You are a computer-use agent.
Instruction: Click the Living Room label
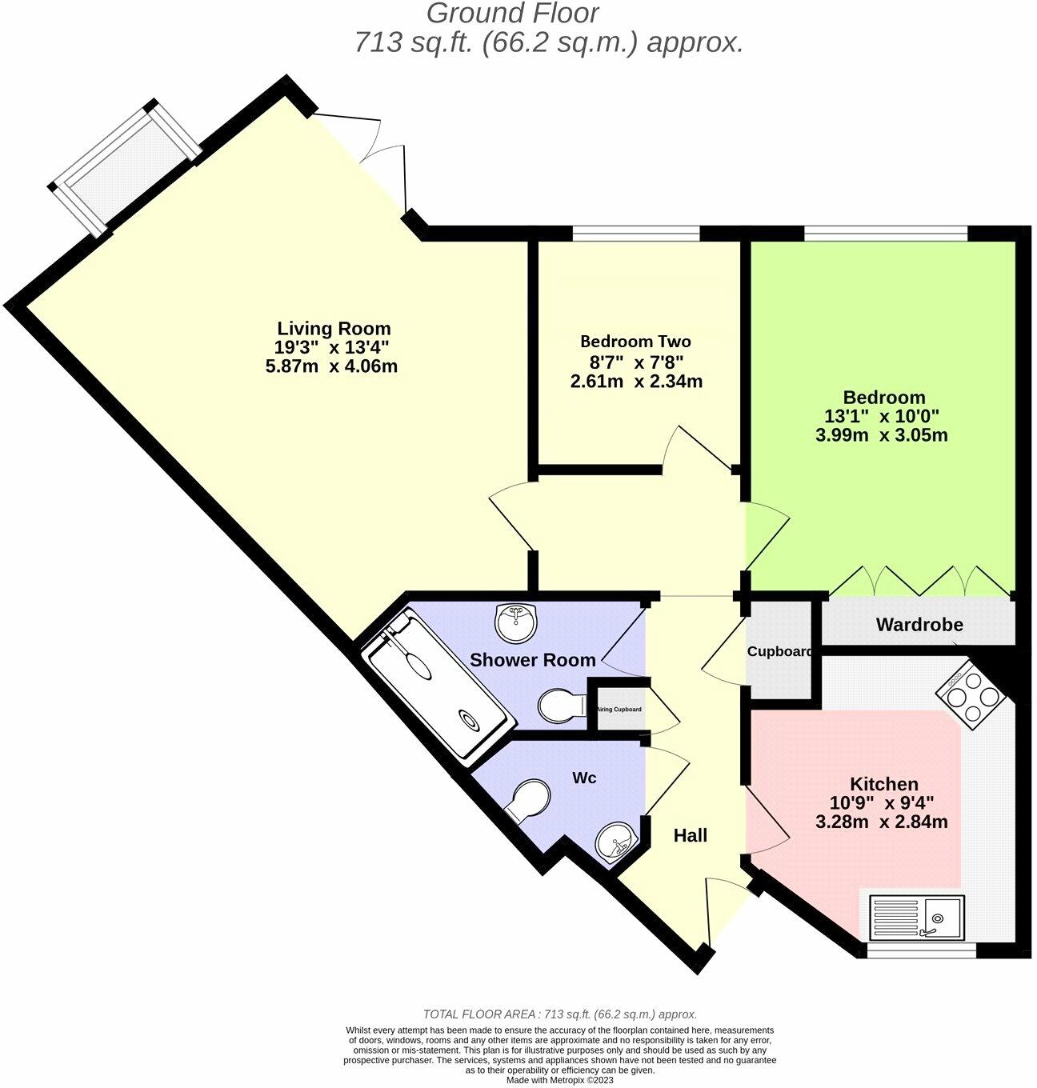click(334, 328)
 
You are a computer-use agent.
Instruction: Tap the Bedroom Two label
click(635, 342)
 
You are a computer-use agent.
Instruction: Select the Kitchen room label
click(883, 784)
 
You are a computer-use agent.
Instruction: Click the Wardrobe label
click(919, 625)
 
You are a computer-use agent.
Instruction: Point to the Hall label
click(690, 836)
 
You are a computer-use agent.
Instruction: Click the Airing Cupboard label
click(619, 710)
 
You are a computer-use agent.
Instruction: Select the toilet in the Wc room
click(528, 801)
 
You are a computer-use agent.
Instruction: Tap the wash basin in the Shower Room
click(516, 622)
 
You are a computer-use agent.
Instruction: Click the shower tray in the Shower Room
click(436, 689)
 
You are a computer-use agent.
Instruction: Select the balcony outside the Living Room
click(125, 169)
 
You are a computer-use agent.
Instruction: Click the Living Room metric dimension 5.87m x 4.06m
click(331, 367)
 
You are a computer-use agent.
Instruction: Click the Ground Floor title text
click(512, 14)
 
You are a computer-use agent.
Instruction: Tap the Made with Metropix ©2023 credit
click(559, 1080)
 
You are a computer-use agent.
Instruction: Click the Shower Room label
click(532, 660)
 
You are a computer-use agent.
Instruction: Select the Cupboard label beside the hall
click(779, 652)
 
